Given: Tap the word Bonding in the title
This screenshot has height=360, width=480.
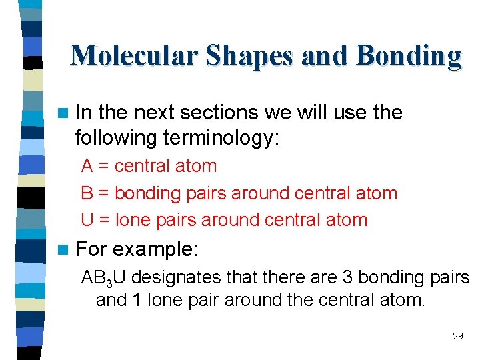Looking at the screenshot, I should coord(409,56).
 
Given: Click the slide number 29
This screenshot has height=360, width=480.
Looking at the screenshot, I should coord(457,336).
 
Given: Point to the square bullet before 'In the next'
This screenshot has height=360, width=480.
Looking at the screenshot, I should coord(63,113).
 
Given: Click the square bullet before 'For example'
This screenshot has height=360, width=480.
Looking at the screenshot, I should coord(63,250).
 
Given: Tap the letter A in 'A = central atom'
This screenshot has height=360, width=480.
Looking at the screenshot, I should coord(87,166).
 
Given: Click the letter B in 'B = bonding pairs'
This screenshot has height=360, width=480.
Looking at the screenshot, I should coord(87,193).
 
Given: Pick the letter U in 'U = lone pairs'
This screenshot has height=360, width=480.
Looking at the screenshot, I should coord(87,220).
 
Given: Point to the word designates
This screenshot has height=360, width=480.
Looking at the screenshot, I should coord(183,277).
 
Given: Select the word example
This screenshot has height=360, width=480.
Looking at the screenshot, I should coord(155,249).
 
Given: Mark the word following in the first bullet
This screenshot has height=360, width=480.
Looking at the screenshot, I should coord(116,137).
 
